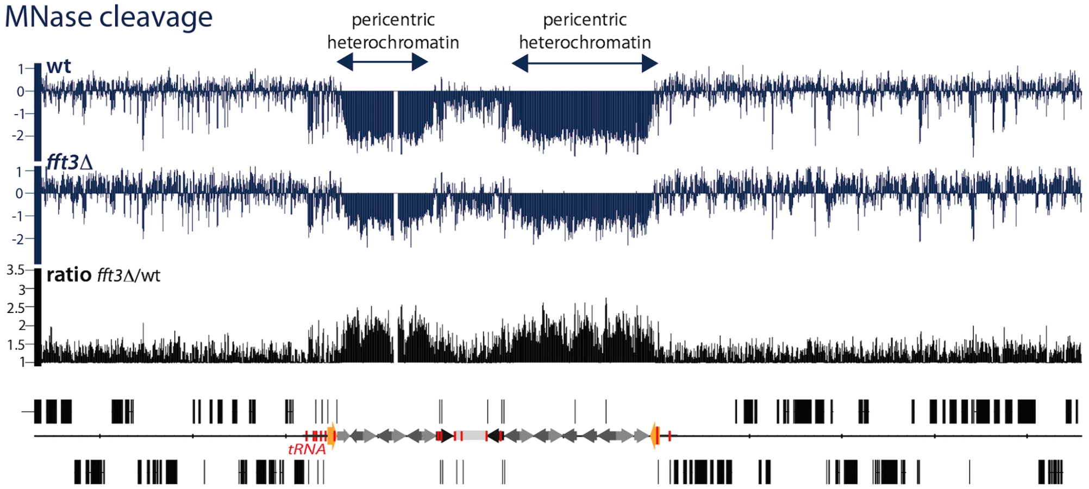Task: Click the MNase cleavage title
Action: pos(108,17)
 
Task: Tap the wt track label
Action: pos(59,67)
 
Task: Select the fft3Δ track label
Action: pos(70,162)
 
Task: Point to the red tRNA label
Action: pos(306,449)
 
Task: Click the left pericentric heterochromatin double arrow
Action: pos(383,62)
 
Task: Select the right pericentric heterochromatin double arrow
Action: pos(585,64)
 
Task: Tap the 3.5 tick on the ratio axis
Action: pos(16,270)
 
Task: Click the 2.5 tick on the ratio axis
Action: pos(16,308)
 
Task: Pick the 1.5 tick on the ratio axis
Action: pos(16,344)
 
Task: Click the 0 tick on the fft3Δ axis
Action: pos(20,193)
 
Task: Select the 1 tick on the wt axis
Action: pos(21,69)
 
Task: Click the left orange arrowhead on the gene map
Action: pos(331,436)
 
